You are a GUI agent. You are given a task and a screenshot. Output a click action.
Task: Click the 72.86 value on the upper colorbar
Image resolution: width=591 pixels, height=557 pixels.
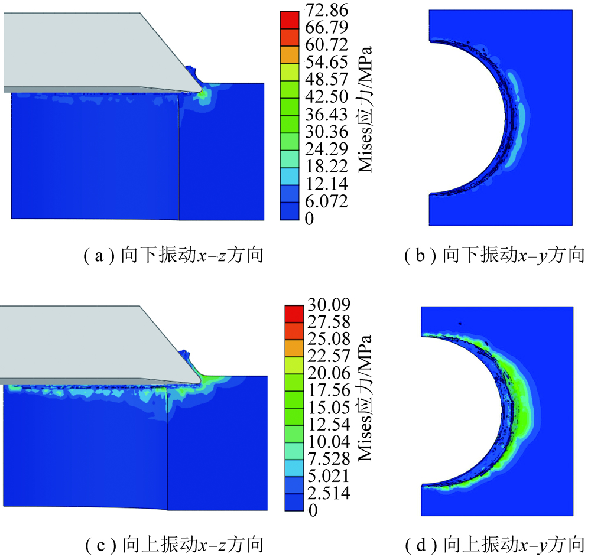327,10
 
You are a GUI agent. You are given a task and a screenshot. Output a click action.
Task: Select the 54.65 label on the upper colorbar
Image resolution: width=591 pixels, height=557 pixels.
327,62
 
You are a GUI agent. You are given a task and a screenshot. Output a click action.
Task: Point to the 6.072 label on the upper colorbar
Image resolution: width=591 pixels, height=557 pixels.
327,201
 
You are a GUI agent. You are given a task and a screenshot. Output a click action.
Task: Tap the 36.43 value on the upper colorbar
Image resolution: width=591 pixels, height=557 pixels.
327,114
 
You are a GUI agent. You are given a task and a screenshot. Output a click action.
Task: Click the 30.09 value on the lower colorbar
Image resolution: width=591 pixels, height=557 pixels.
329,304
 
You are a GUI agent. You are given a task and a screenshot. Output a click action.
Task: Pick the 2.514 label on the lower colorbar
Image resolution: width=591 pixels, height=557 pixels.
329,493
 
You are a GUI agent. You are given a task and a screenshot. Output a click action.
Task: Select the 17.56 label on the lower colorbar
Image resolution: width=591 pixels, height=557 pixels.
329,390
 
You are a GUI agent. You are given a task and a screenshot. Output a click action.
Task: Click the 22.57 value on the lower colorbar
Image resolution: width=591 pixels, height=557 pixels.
329,356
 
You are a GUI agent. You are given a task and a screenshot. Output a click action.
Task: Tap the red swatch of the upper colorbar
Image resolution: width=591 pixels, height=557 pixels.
290,19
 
